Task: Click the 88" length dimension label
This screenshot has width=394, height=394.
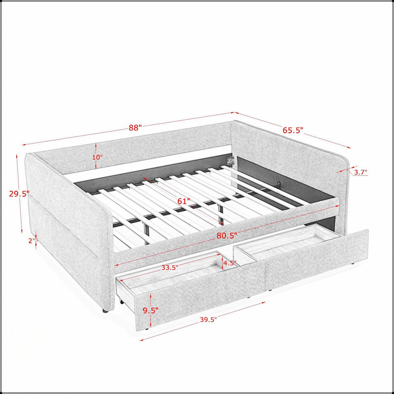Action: [135, 128]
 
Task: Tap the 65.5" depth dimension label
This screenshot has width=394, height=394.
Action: [293, 130]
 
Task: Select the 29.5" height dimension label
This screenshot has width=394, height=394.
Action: [19, 194]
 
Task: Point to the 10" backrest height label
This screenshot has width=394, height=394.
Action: [97, 158]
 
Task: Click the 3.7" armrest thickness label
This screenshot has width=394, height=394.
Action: [361, 172]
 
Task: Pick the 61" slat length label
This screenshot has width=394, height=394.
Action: [184, 201]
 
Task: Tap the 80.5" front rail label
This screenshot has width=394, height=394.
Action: [227, 235]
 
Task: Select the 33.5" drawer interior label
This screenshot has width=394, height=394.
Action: [170, 267]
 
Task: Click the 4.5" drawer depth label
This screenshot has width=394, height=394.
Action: [230, 263]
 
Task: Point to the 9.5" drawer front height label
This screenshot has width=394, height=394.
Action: [151, 310]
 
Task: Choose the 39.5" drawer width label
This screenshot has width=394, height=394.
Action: [208, 320]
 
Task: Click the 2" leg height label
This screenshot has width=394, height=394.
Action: [32, 241]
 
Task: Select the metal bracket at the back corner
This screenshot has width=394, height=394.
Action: [230, 160]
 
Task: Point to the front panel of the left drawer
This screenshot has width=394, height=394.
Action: [200, 295]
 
